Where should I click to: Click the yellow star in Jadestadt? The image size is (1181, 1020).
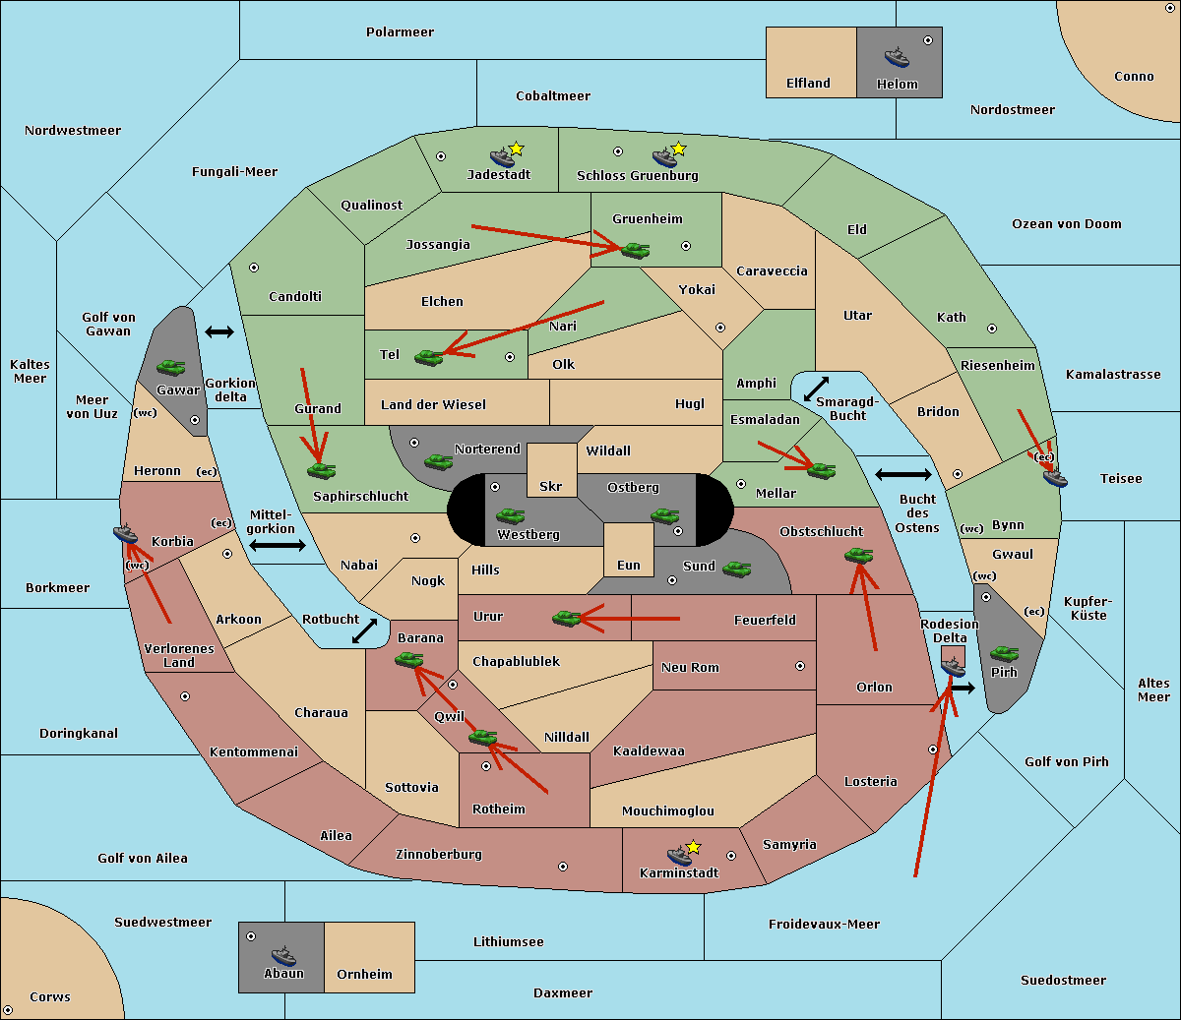tap(516, 150)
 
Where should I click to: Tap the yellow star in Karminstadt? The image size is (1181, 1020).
tap(693, 847)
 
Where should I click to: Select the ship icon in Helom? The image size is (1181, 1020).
tap(897, 57)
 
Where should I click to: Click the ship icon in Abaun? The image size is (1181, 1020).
tap(283, 955)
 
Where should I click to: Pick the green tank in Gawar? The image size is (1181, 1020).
tap(171, 367)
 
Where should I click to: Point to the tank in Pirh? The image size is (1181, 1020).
tap(1004, 653)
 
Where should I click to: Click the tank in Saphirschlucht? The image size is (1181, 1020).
tap(321, 470)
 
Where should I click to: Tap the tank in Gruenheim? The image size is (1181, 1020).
tap(636, 250)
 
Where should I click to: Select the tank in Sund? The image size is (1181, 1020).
tap(736, 569)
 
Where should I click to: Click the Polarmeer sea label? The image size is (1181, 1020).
tap(400, 32)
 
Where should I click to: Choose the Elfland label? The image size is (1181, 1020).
tap(808, 84)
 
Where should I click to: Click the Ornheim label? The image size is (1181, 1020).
tap(364, 975)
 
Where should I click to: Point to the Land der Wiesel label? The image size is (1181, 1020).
tap(433, 405)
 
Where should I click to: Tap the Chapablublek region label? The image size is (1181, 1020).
tap(516, 661)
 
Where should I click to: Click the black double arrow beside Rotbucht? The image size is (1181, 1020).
tap(364, 630)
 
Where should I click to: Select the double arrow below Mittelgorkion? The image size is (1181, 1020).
tap(278, 545)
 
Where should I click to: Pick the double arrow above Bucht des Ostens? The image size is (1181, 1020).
tap(903, 474)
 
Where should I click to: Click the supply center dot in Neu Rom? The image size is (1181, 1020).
tap(800, 666)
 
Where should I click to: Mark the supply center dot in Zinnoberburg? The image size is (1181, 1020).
tap(563, 867)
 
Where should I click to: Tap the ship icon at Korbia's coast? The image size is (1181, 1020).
tap(125, 534)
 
